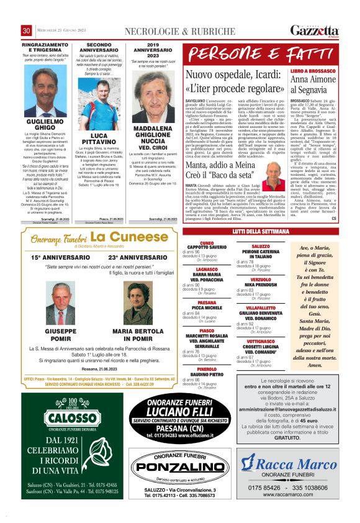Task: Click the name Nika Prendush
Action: (261, 284)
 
